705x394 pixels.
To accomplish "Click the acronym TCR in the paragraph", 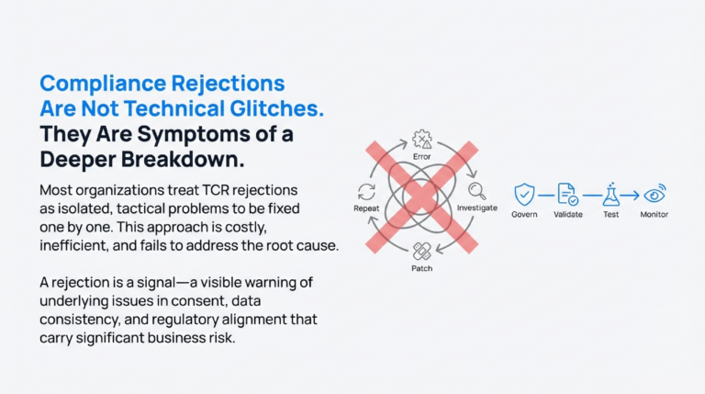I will click(212, 191).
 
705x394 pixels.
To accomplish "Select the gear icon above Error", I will click(422, 140).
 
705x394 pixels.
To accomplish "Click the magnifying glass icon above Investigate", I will click(477, 192).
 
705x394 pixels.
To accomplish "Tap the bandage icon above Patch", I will click(422, 250).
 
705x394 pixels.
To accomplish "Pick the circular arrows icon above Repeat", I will click(366, 192).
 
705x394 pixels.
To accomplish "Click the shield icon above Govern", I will click(524, 195).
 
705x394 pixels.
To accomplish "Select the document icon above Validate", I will click(567, 195).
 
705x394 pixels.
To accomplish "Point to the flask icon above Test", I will click(610, 195).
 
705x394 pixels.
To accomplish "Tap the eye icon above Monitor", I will click(655, 195).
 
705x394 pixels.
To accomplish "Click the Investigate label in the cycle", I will click(477, 208).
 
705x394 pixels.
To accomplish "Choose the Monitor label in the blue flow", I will click(655, 215).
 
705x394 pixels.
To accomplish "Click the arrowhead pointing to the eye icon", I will click(637, 195).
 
